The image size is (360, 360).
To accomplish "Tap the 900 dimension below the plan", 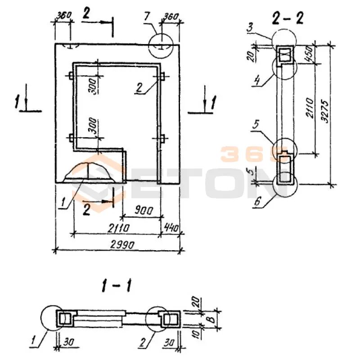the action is click(144, 210).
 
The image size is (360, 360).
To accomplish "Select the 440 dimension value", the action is click(171, 228).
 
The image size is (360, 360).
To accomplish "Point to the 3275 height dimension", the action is click(325, 111).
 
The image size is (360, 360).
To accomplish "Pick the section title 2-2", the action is click(288, 18).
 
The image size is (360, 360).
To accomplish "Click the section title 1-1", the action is click(117, 286).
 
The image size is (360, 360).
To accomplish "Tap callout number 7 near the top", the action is click(147, 16).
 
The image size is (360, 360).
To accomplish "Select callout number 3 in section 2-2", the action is click(250, 27).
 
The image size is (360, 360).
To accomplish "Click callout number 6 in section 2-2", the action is click(257, 201).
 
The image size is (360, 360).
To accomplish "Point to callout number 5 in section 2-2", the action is click(256, 125).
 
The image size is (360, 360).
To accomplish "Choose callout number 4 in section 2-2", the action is click(257, 81).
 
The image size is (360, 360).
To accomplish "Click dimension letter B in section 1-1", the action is click(212, 319).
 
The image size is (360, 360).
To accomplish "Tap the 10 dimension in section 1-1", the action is click(197, 334).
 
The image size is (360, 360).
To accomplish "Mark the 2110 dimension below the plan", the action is click(118, 228).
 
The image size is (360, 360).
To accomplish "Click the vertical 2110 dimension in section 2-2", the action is click(310, 108).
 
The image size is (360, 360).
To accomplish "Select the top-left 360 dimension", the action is click(64, 16).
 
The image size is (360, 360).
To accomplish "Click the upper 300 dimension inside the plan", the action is click(93, 86).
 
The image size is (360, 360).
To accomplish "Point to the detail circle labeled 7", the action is click(161, 46).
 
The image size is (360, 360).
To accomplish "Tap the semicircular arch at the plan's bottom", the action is click(88, 163).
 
